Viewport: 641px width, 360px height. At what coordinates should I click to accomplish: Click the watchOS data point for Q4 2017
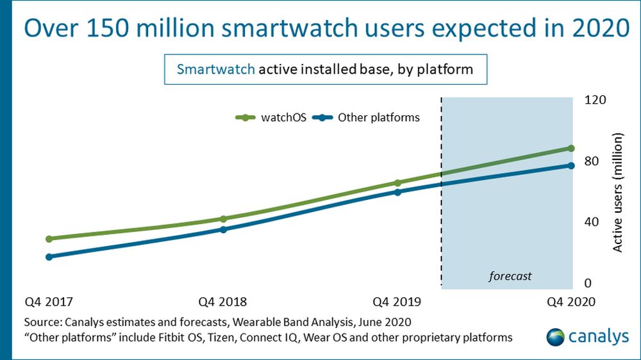point(49,238)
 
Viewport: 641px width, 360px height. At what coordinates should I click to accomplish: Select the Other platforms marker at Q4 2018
point(223,229)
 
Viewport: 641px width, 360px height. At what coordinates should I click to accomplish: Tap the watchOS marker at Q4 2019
point(397,183)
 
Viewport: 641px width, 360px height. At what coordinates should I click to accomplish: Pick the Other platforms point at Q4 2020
point(570,165)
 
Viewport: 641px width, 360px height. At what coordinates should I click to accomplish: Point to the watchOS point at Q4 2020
point(570,148)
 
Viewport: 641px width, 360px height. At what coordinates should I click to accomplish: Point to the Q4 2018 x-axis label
point(222,302)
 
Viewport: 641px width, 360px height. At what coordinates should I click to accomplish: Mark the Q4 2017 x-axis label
point(49,302)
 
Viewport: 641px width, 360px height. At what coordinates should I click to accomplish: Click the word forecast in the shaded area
point(510,276)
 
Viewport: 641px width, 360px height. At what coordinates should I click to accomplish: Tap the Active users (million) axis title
point(617,192)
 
